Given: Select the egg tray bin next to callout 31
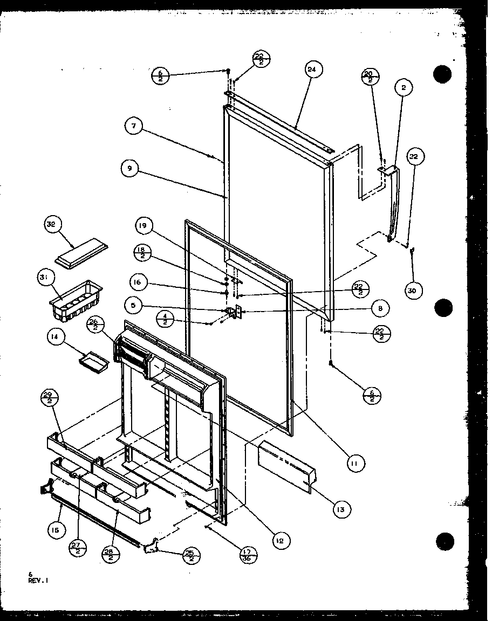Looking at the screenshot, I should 75,300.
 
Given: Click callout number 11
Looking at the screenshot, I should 356,463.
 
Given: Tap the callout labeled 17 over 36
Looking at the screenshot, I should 249,555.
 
